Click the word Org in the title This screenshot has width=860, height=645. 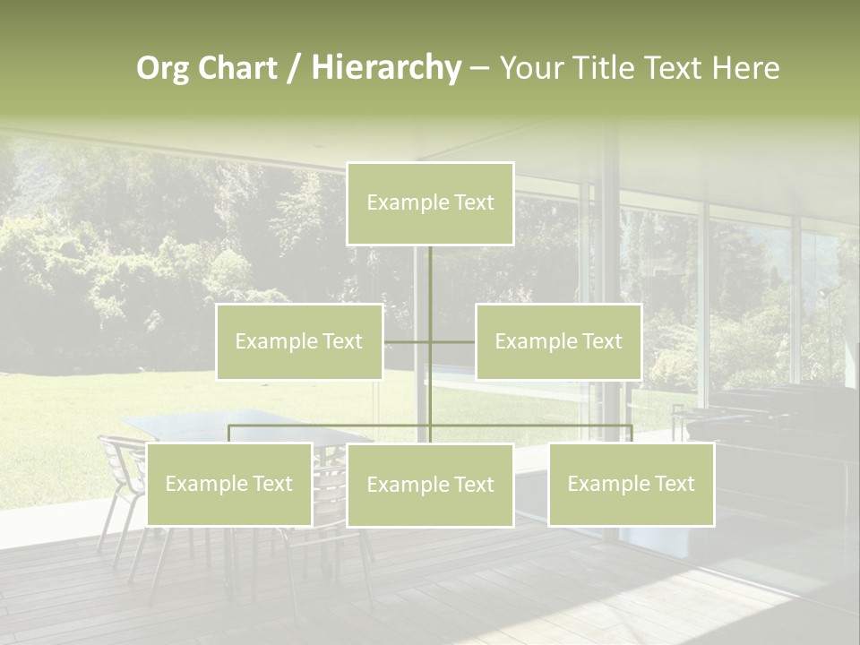pos(162,69)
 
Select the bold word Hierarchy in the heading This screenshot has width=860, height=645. pos(385,69)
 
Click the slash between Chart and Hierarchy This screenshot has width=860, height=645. pos(294,69)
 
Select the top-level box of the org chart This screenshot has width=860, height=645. pos(430,203)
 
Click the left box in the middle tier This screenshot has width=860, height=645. pos(299,341)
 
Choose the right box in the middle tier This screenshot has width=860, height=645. pos(558,341)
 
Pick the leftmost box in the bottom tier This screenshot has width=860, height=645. pos(228,485)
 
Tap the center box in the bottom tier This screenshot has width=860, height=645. pos(430,486)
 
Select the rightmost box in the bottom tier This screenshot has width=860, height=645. pos(631,485)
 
